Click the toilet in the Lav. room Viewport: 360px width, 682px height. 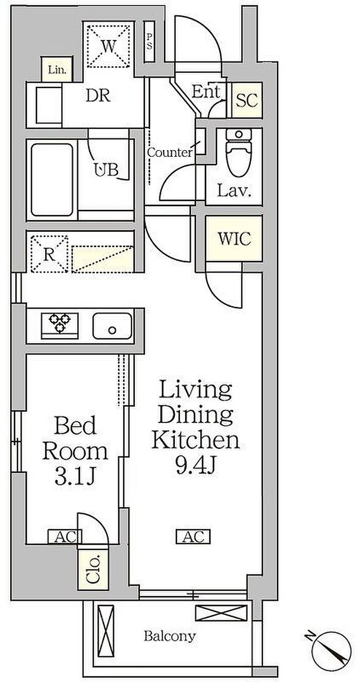[239, 152]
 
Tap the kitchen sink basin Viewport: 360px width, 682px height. [113, 325]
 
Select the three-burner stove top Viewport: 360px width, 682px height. [60, 325]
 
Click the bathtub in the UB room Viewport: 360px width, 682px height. [52, 180]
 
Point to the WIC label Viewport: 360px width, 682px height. [234, 238]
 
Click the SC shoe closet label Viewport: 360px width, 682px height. [247, 100]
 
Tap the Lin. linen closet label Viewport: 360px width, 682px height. [57, 70]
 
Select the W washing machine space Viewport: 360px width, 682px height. [109, 46]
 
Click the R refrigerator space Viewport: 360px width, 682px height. [49, 253]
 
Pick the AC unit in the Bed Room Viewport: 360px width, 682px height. [65, 536]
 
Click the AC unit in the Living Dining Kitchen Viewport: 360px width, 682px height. [193, 536]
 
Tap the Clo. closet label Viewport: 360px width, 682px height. [93, 569]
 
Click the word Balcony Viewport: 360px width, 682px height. [169, 635]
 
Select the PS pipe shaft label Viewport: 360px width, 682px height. [149, 42]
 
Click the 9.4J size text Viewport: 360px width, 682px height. [195, 465]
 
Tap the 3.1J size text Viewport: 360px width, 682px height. [75, 477]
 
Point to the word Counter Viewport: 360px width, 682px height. [170, 152]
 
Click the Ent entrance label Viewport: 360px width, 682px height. [206, 91]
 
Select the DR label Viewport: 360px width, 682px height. [98, 96]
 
